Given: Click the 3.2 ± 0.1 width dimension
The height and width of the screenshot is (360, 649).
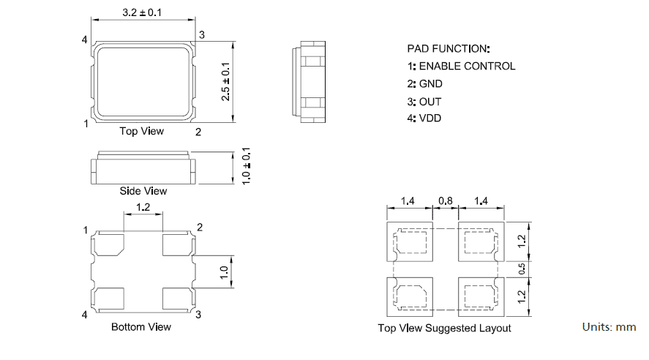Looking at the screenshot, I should pos(143,12).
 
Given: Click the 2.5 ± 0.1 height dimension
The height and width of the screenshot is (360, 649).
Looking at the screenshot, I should pos(225,81).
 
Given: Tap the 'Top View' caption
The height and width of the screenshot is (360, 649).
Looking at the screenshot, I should pos(142,131).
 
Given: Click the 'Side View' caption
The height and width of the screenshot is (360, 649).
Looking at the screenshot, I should pos(143,191).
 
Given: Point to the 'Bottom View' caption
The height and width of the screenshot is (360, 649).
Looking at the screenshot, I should pos(141,326).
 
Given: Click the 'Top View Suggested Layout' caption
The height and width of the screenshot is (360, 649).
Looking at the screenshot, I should pos(444,328).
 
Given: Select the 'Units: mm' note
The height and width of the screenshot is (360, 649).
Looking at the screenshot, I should pos(609,326).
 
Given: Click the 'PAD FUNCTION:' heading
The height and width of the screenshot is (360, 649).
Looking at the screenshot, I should pos(449,49).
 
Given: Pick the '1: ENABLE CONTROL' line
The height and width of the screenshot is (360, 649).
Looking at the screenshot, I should pos(461,66).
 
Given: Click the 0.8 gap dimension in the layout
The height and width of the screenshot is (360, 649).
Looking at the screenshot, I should pos(445,200).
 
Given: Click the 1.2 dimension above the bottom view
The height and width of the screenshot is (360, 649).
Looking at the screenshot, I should pos(143,208).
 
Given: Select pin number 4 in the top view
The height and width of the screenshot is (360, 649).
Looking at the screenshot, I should pos(86,38).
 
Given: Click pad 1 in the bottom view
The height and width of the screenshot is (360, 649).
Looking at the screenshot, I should pos(109,244).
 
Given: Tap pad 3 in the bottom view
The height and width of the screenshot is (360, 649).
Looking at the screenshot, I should pos(176,297).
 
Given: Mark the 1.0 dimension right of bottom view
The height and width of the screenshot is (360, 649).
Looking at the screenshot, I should pos(225,274).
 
